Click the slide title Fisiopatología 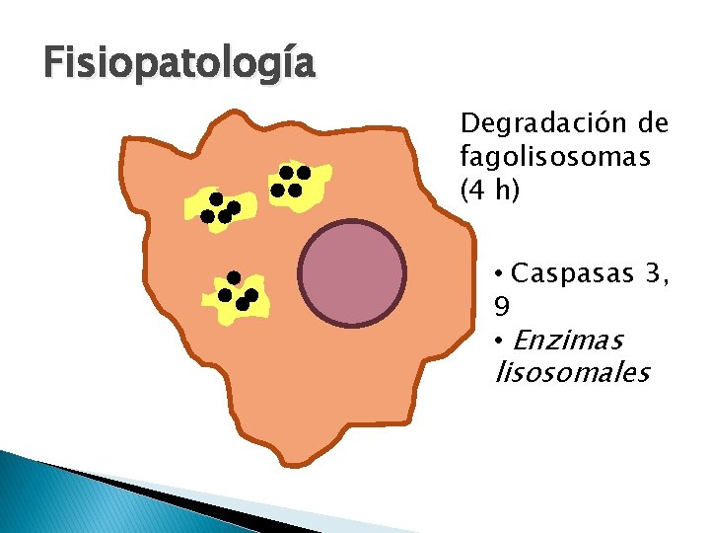(178, 63)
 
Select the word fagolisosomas (555, 157)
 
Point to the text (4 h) (490, 190)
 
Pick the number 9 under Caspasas (502, 307)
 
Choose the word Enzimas (569, 341)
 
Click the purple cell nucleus (352, 273)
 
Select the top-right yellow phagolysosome (298, 184)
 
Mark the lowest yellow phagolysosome (237, 297)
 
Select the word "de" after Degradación (653, 124)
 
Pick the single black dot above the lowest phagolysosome (234, 276)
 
